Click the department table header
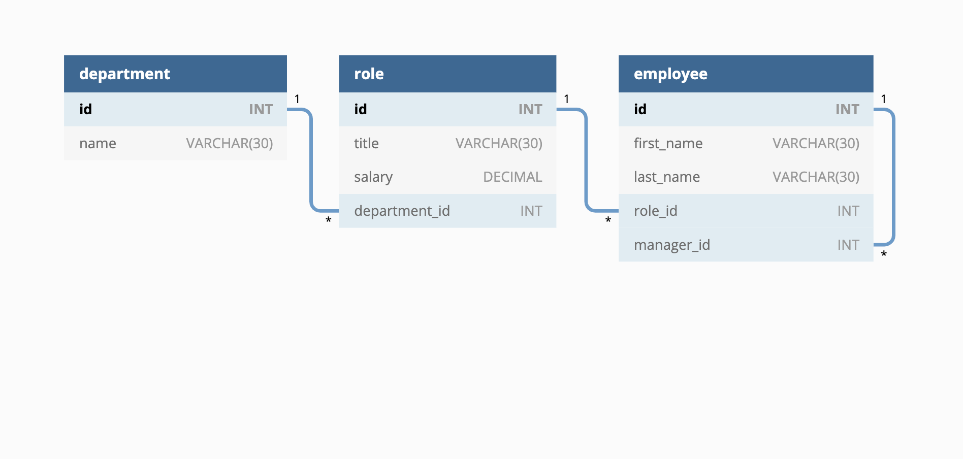click(x=124, y=74)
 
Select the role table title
click(x=369, y=74)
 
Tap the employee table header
click(x=670, y=74)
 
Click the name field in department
click(x=98, y=144)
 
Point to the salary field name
click(x=373, y=177)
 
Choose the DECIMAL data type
click(x=512, y=177)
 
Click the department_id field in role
click(x=402, y=211)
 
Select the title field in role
click(x=366, y=144)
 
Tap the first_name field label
click(x=668, y=144)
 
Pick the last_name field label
click(x=666, y=177)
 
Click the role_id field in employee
click(x=655, y=211)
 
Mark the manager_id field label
click(x=671, y=245)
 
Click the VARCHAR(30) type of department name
click(x=230, y=144)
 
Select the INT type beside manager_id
click(x=848, y=245)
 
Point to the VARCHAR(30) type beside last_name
click(x=816, y=177)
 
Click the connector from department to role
click(x=311, y=160)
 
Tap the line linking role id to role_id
click(x=586, y=160)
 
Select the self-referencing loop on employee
click(x=893, y=177)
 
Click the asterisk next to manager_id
click(x=884, y=254)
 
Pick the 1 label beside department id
click(x=297, y=99)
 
